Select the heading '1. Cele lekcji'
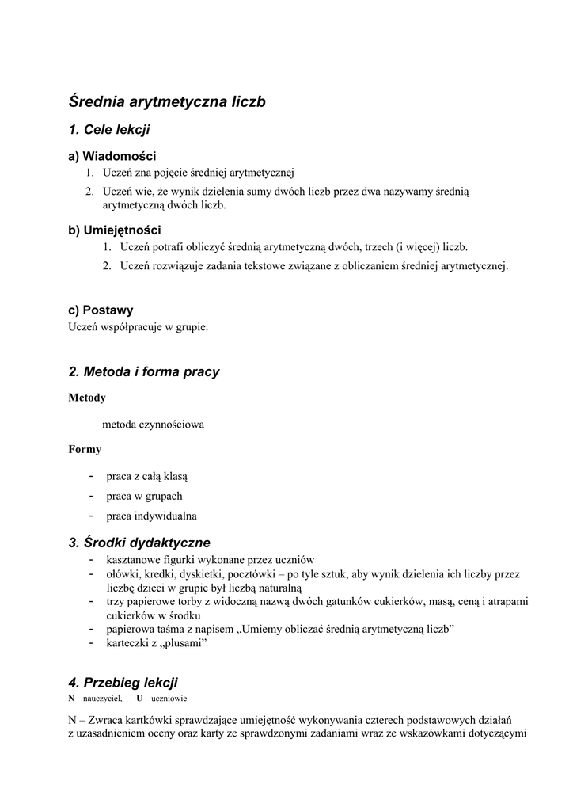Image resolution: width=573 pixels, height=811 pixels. (x=109, y=129)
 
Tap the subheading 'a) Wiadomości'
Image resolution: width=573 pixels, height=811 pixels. (x=112, y=156)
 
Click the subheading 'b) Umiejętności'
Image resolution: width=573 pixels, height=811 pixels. (x=115, y=230)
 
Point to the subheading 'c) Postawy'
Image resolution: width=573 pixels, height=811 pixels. (x=101, y=310)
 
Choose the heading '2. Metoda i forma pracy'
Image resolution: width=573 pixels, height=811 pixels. (x=144, y=371)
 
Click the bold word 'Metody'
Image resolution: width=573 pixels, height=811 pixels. (x=87, y=398)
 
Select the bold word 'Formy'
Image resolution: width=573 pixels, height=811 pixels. (x=85, y=449)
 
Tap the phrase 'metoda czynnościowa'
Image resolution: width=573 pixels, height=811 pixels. (x=159, y=424)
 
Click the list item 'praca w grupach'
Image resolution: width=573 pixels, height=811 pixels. (x=144, y=496)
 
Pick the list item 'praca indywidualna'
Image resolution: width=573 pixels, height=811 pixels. (x=152, y=516)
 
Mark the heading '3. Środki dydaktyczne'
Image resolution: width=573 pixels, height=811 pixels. (x=139, y=543)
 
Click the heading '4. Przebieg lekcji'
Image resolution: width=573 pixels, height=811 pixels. (x=123, y=682)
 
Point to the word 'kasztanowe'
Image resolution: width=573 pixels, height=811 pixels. (x=132, y=559)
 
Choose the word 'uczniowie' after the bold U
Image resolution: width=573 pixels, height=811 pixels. (x=169, y=699)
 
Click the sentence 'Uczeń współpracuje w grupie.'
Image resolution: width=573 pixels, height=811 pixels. (x=139, y=326)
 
